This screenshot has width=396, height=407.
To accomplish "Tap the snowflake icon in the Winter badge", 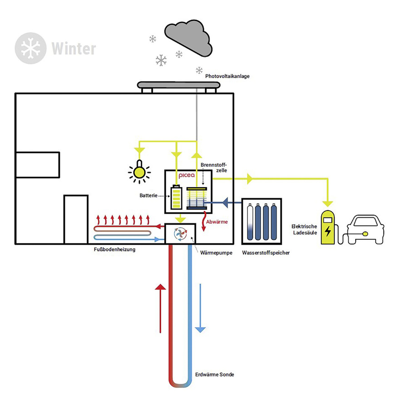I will click(x=31, y=48).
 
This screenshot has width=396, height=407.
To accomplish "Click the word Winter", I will click(x=73, y=48).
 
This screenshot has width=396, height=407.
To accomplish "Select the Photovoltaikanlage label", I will click(x=227, y=76).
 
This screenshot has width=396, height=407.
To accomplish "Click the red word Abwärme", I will click(x=217, y=222).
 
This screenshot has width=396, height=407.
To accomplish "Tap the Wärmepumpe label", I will click(x=214, y=251).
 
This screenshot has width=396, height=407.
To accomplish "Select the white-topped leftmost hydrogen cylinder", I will click(x=249, y=222).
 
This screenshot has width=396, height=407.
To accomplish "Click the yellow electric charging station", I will click(x=327, y=228).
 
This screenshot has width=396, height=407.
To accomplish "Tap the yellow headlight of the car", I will click(x=365, y=234).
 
